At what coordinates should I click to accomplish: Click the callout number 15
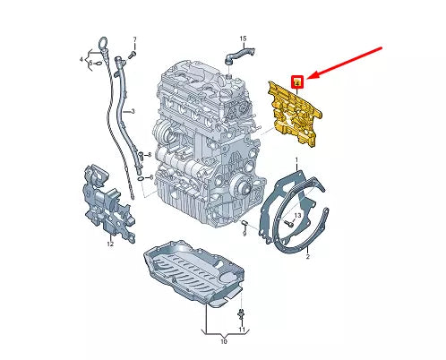click(x=241, y=39)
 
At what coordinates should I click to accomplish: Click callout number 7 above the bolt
click(x=134, y=39)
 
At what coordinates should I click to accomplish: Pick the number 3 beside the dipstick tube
click(x=132, y=111)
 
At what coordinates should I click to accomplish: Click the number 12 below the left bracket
click(x=110, y=243)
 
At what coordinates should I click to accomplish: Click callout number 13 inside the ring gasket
click(x=296, y=217)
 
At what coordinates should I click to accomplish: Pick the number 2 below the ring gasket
click(x=307, y=257)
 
